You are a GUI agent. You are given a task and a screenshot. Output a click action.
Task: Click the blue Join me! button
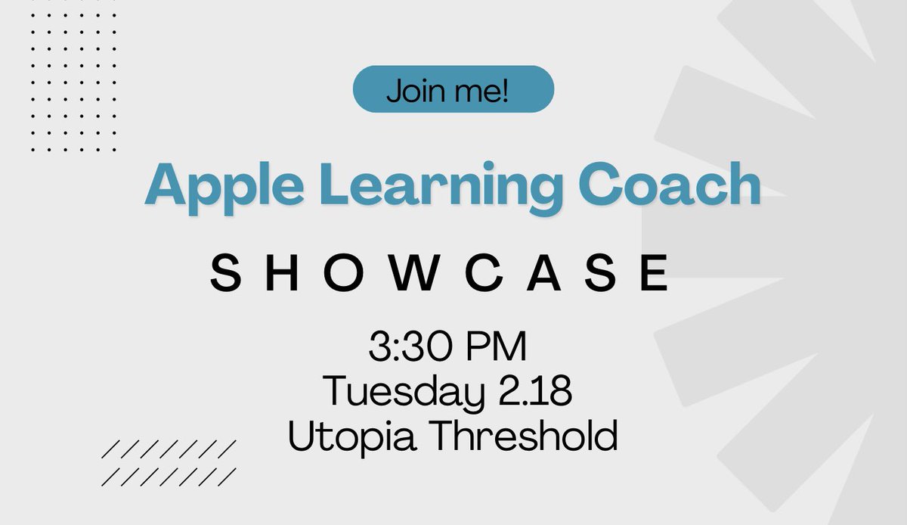coord(453,89)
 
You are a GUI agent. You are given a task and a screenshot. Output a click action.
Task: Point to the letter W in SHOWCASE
coord(413,274)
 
